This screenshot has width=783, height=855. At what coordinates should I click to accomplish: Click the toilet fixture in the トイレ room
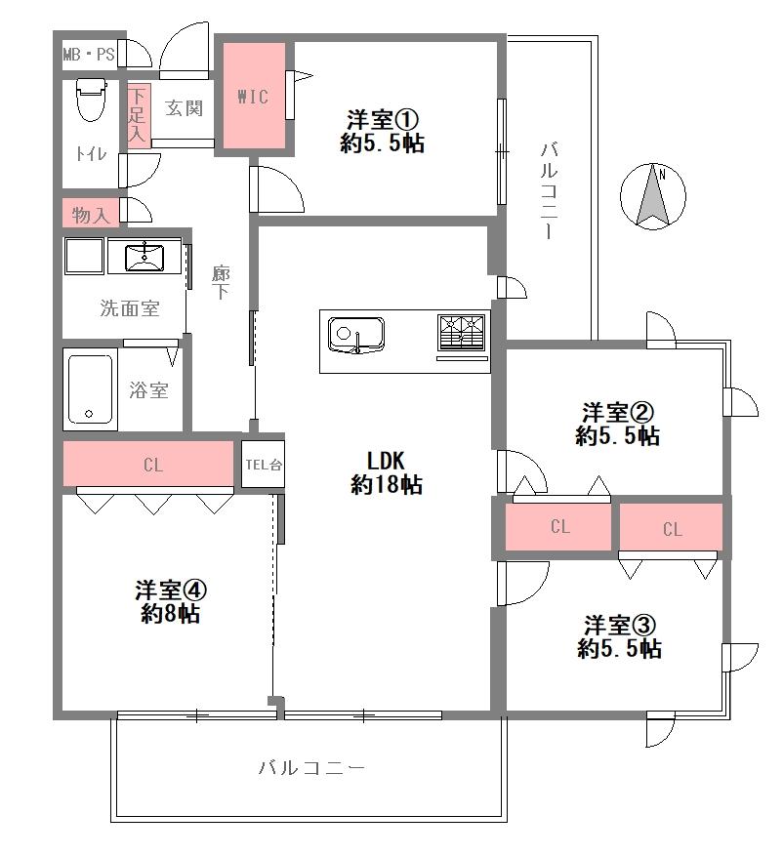pyautogui.click(x=91, y=100)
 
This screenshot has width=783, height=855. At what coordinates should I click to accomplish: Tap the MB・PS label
pyautogui.click(x=89, y=55)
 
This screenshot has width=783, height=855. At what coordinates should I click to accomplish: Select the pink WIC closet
pyautogui.click(x=254, y=96)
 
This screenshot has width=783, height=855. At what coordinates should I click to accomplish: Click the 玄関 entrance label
pyautogui.click(x=184, y=108)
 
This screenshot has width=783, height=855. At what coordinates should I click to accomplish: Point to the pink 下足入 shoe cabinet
pyautogui.click(x=138, y=114)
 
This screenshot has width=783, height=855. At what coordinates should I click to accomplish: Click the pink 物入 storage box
pyautogui.click(x=90, y=213)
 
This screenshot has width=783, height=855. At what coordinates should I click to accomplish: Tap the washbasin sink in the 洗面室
pyautogui.click(x=144, y=258)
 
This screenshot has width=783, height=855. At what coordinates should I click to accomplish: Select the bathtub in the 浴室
pyautogui.click(x=90, y=388)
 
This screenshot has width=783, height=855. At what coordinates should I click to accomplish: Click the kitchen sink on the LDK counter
pyautogui.click(x=356, y=336)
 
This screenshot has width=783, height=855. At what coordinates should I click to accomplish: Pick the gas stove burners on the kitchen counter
pyautogui.click(x=461, y=332)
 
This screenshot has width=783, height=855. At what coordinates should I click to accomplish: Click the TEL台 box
pyautogui.click(x=264, y=464)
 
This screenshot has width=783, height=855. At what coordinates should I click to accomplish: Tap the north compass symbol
pyautogui.click(x=653, y=196)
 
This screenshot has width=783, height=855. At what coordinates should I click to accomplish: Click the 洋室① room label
pyautogui.click(x=383, y=119)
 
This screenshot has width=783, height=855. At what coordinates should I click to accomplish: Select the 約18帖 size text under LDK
pyautogui.click(x=386, y=484)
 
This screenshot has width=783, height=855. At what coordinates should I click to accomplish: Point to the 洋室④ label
pyautogui.click(x=171, y=590)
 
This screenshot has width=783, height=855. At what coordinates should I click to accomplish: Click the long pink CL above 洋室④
pyautogui.click(x=148, y=464)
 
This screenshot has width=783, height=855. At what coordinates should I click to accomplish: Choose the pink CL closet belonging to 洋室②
pyautogui.click(x=558, y=527)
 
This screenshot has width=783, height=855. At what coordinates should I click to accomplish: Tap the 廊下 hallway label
pyautogui.click(x=221, y=282)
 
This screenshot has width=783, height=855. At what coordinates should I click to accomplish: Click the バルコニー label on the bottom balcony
pyautogui.click(x=311, y=768)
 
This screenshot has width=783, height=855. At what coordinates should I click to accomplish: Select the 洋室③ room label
pyautogui.click(x=620, y=625)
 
